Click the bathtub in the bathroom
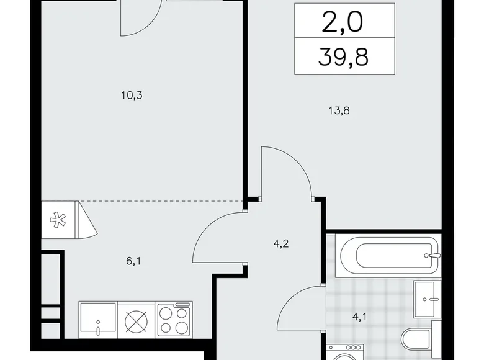(388, 254)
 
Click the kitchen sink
(97, 319)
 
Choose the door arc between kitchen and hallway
(217, 239)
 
